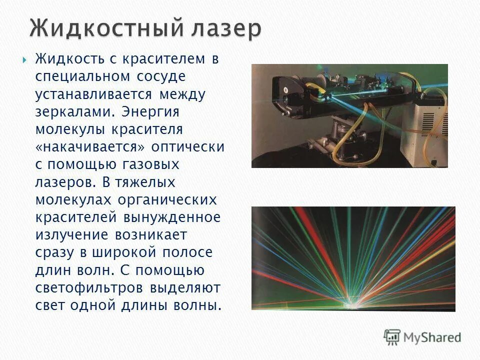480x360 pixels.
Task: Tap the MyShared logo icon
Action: [392, 336]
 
